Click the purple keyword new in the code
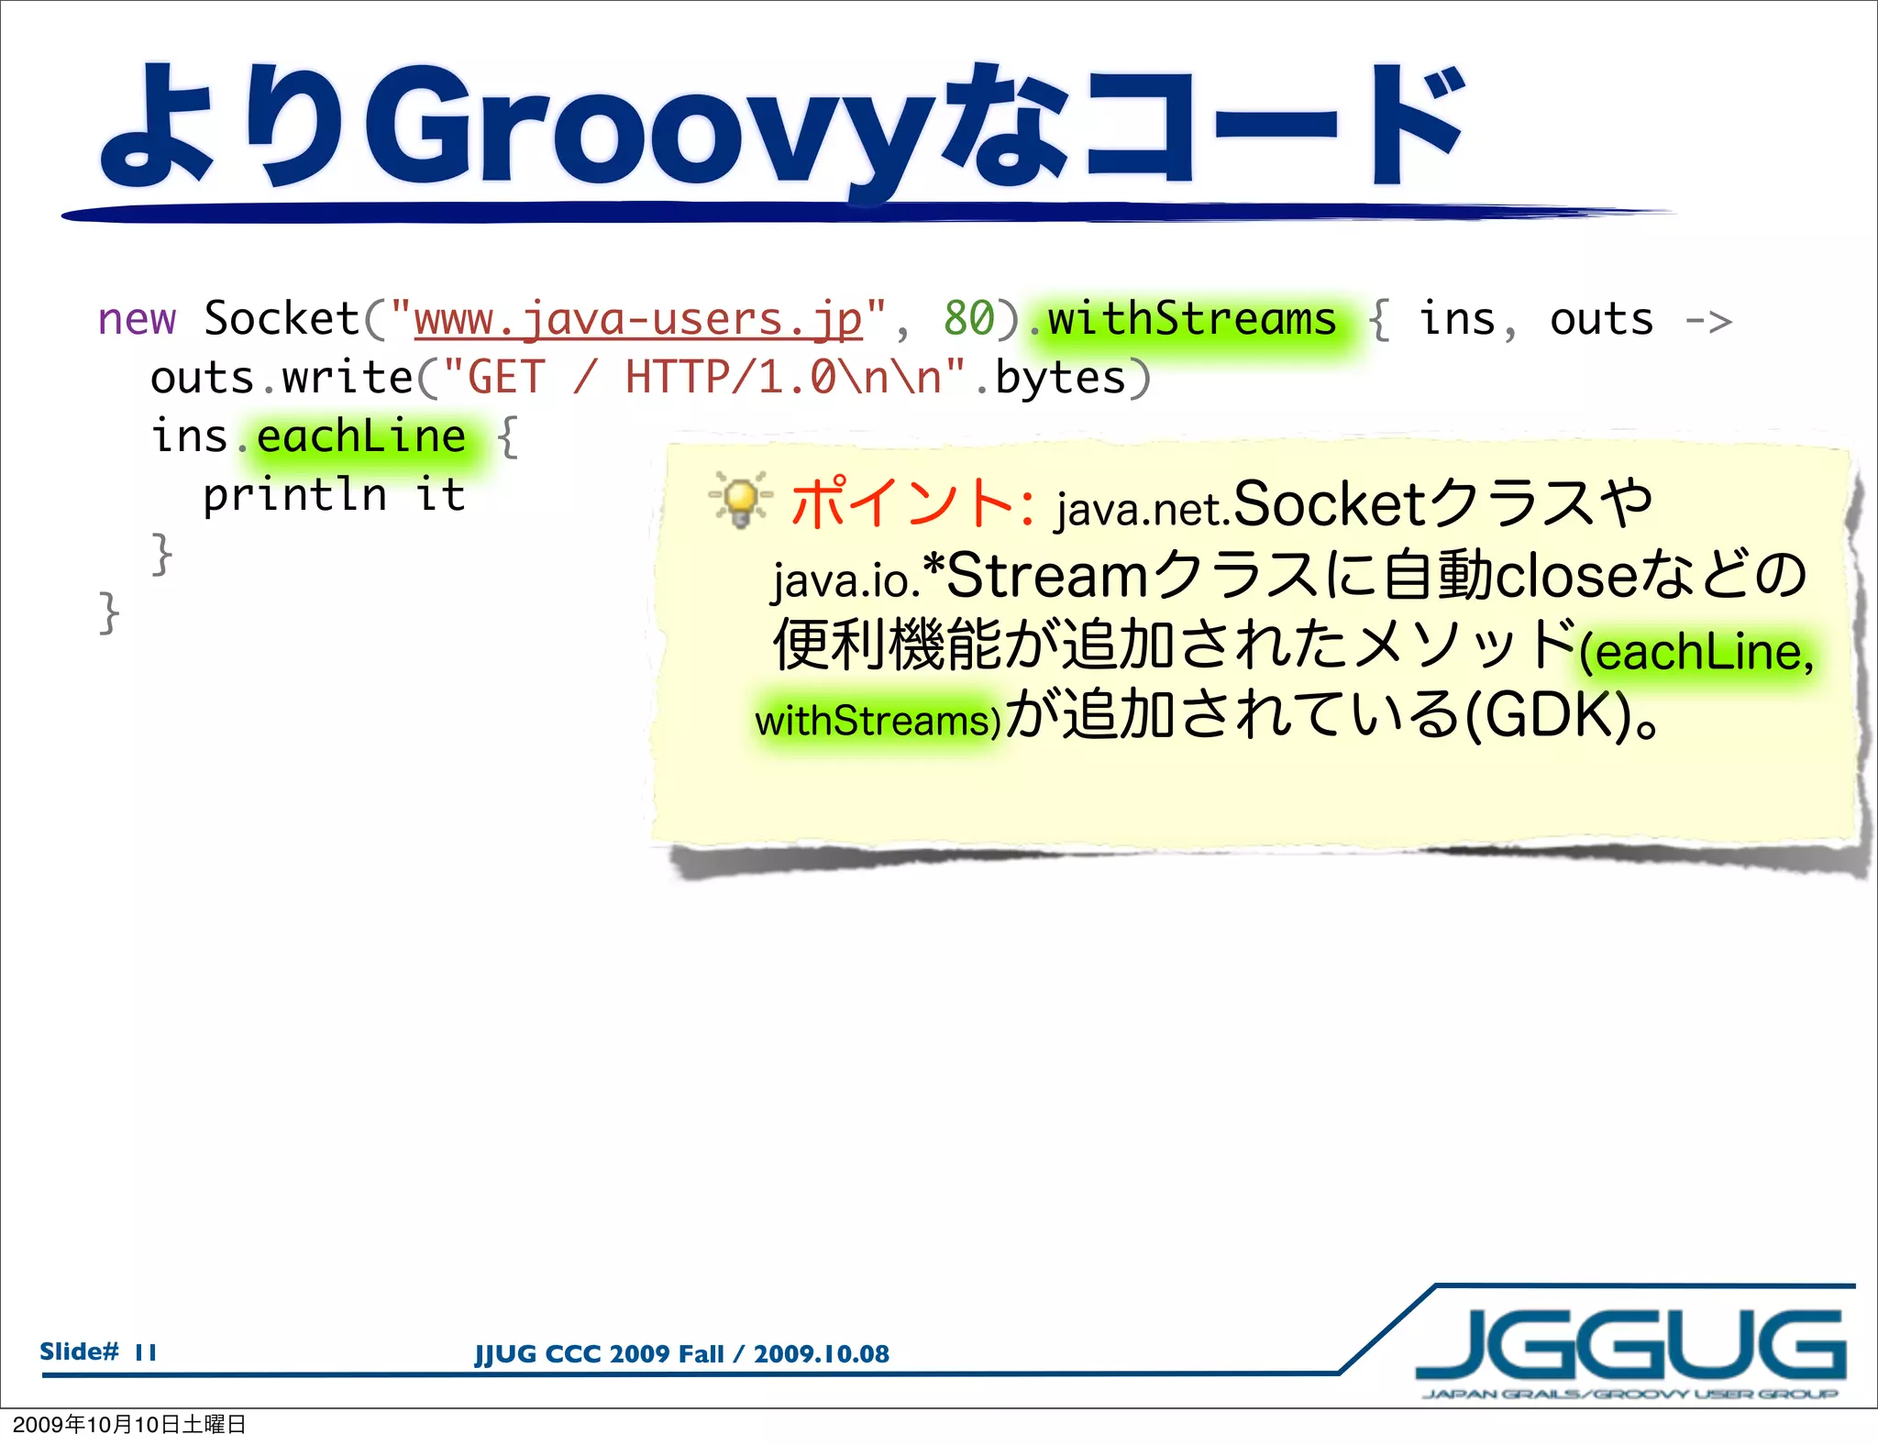pos(137,320)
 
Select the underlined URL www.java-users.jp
pos(637,320)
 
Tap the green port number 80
pos(968,320)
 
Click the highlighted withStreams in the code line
pos(1191,320)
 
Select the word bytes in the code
pos(1060,379)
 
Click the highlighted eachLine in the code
pos(361,436)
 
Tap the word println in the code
pos(294,495)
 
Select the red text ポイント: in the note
pos(912,503)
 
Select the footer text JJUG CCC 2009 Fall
pos(599,1354)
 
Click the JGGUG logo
pos(1630,1348)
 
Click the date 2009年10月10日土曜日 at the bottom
pos(129,1424)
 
